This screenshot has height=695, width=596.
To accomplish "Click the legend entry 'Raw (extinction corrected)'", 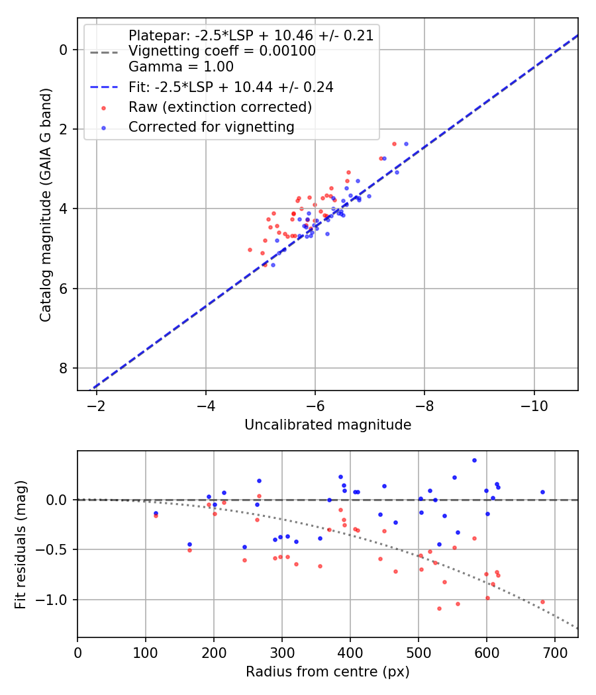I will pyautogui.click(x=220, y=107).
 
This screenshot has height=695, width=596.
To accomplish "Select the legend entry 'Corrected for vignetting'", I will pyautogui.click(x=211, y=126).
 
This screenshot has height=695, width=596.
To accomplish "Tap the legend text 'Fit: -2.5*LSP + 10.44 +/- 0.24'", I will pyautogui.click(x=230, y=87).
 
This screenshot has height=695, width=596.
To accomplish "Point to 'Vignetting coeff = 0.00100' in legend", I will pyautogui.click(x=222, y=51).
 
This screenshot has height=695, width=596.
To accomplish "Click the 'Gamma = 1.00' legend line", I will pyautogui.click(x=181, y=67).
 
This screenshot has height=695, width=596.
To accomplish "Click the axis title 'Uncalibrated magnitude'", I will pyautogui.click(x=328, y=425).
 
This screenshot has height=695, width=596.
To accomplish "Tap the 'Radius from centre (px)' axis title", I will pyautogui.click(x=328, y=672).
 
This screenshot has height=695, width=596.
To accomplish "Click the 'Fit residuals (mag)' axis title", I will pyautogui.click(x=21, y=544).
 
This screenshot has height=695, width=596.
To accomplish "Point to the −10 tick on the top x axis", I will pyautogui.click(x=533, y=405).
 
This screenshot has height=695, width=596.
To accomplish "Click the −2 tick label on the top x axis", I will pyautogui.click(x=97, y=405).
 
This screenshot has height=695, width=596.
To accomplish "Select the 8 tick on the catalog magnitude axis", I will pyautogui.click(x=63, y=368).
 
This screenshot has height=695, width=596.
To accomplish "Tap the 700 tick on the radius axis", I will pyautogui.click(x=554, y=652).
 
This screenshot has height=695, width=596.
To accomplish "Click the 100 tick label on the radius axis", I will pyautogui.click(x=146, y=652).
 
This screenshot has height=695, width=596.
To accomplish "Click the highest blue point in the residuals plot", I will pyautogui.click(x=474, y=460).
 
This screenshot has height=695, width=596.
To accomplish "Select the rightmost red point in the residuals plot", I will pyautogui.click(x=542, y=602).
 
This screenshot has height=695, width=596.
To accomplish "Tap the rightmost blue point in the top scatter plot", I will pyautogui.click(x=406, y=144).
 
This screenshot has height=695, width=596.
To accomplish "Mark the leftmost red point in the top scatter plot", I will pyautogui.click(x=250, y=250).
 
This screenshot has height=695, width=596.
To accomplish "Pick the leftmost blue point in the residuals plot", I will pyautogui.click(x=156, y=513).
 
